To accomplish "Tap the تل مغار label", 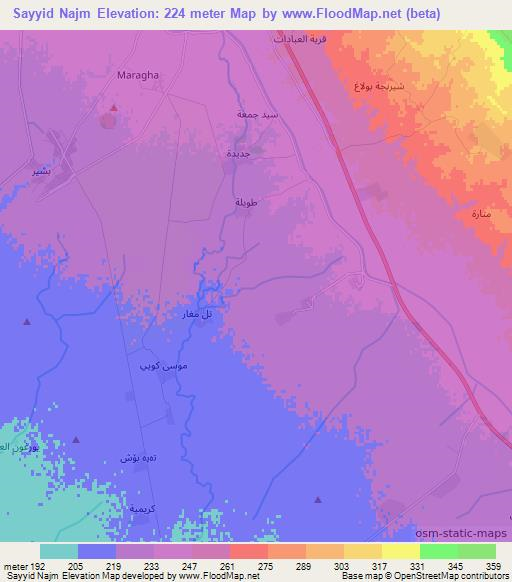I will tap(197, 315).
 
